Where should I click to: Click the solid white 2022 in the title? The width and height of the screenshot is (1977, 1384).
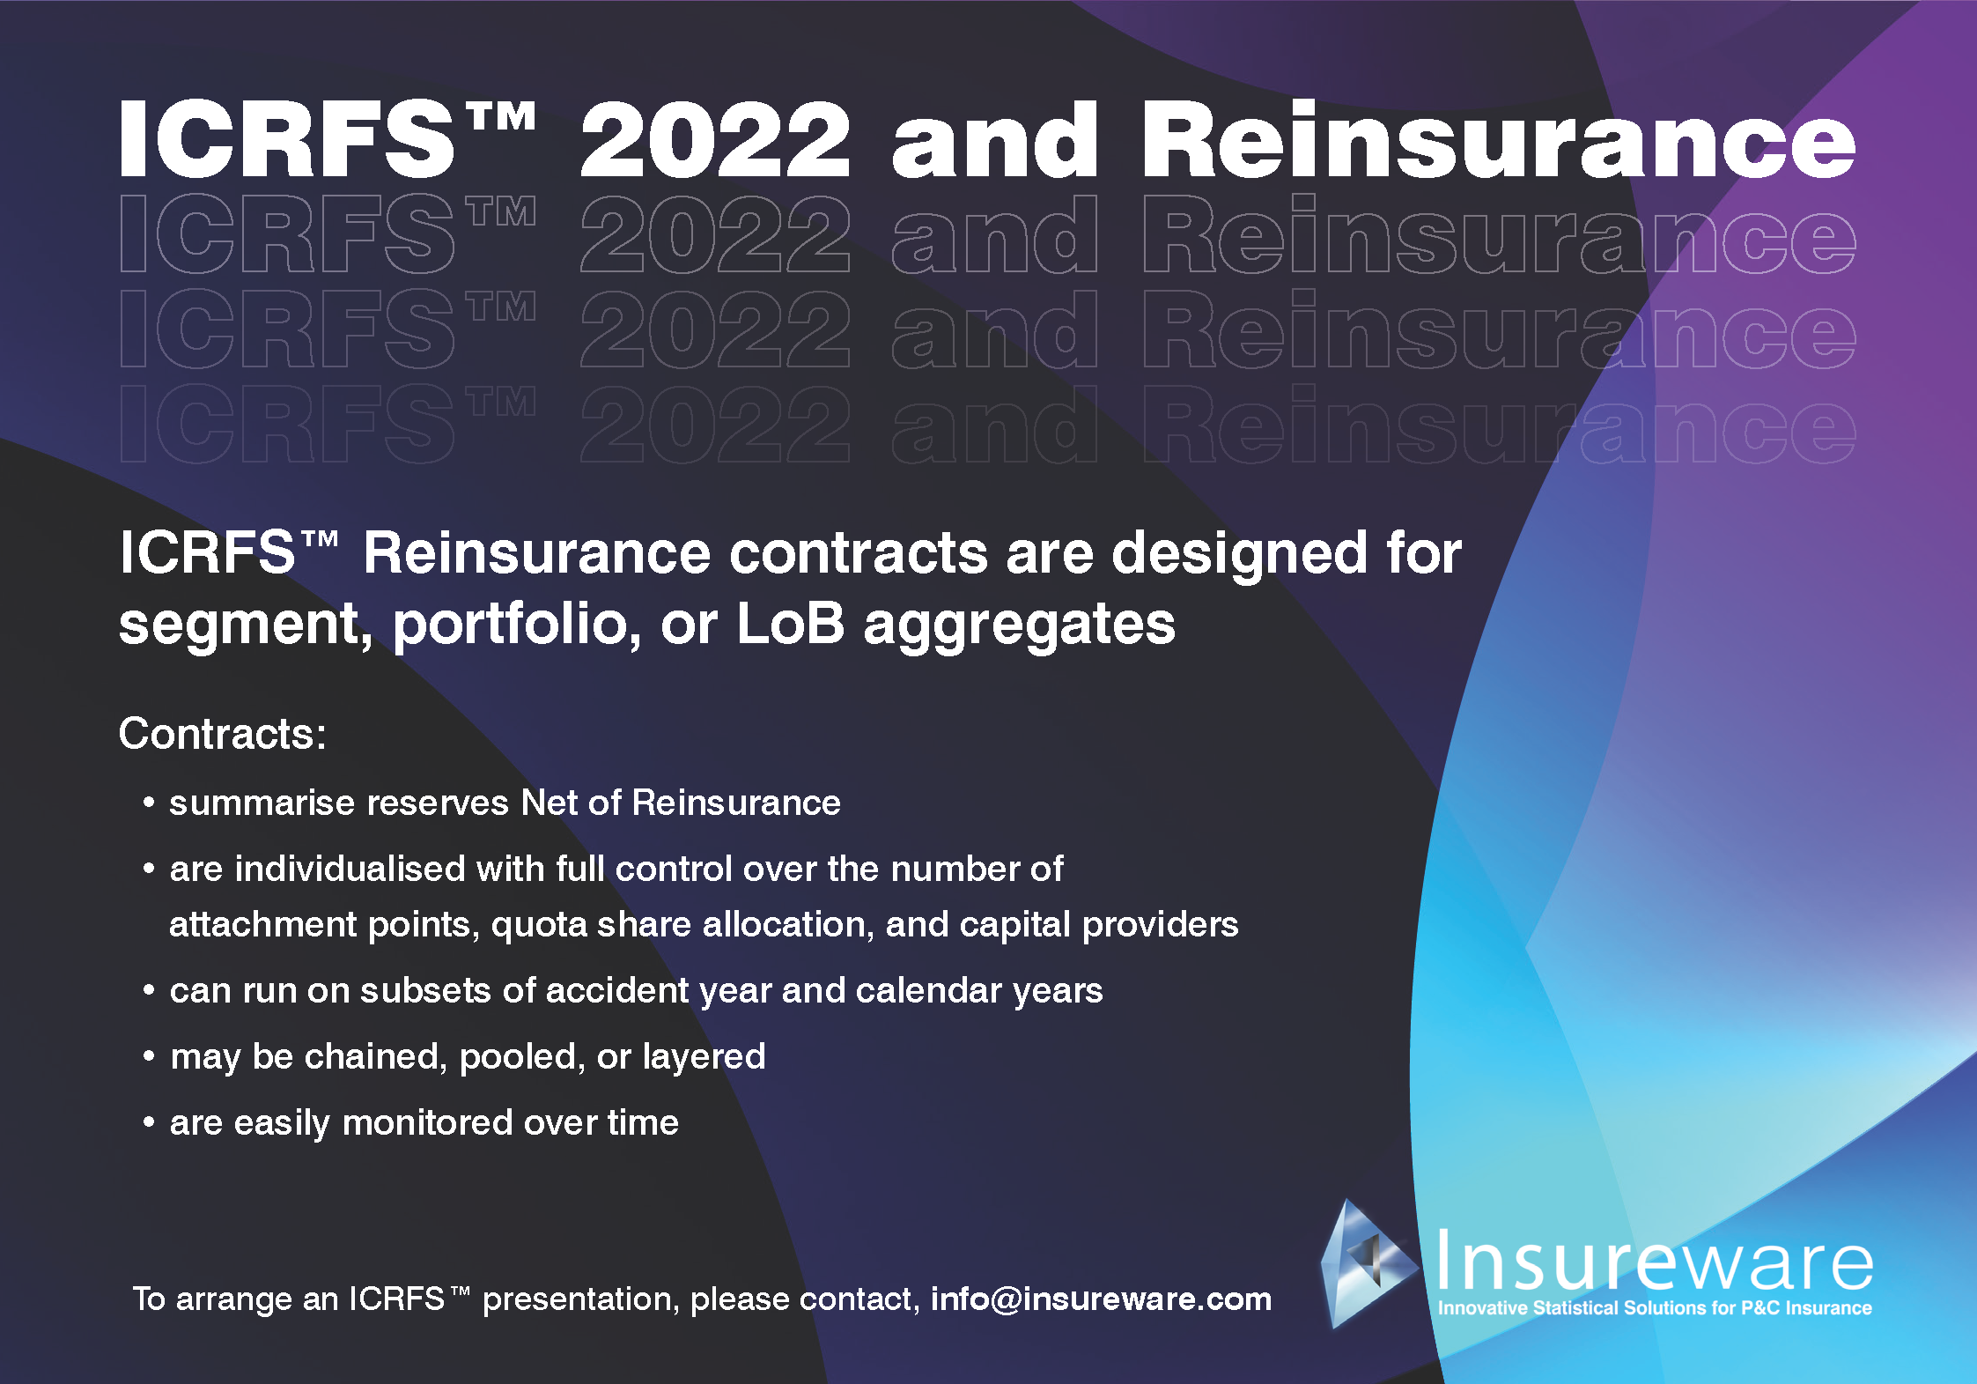(715, 139)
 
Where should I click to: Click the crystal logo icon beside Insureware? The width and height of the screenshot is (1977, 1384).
(1368, 1262)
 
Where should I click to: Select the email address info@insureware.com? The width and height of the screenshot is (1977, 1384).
(1101, 1299)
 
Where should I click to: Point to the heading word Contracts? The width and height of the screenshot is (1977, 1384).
(222, 733)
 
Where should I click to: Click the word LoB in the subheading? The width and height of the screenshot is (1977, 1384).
(790, 623)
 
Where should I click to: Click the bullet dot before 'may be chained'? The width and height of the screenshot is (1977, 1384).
(149, 1055)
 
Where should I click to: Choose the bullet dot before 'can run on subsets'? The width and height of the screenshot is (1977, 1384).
(149, 990)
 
